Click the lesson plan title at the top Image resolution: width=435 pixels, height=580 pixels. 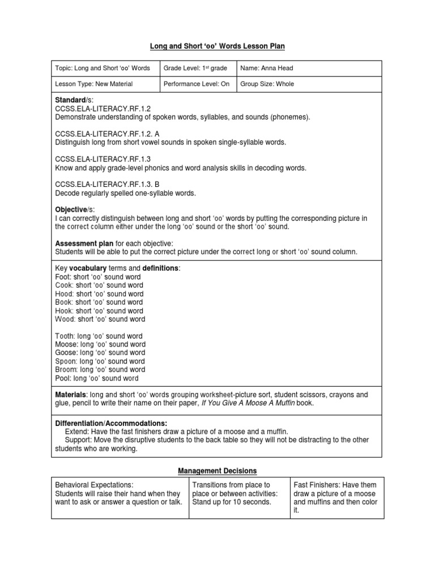217,45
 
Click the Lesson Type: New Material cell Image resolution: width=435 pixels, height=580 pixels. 94,84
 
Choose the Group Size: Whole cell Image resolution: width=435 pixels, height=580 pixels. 267,84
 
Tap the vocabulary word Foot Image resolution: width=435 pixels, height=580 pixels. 63,277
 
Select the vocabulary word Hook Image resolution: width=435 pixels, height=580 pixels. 64,311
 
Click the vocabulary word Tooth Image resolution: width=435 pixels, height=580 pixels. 65,336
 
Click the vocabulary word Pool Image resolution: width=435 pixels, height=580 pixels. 63,378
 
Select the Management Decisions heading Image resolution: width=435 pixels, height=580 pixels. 217,471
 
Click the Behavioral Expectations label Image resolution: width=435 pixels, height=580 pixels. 93,485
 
